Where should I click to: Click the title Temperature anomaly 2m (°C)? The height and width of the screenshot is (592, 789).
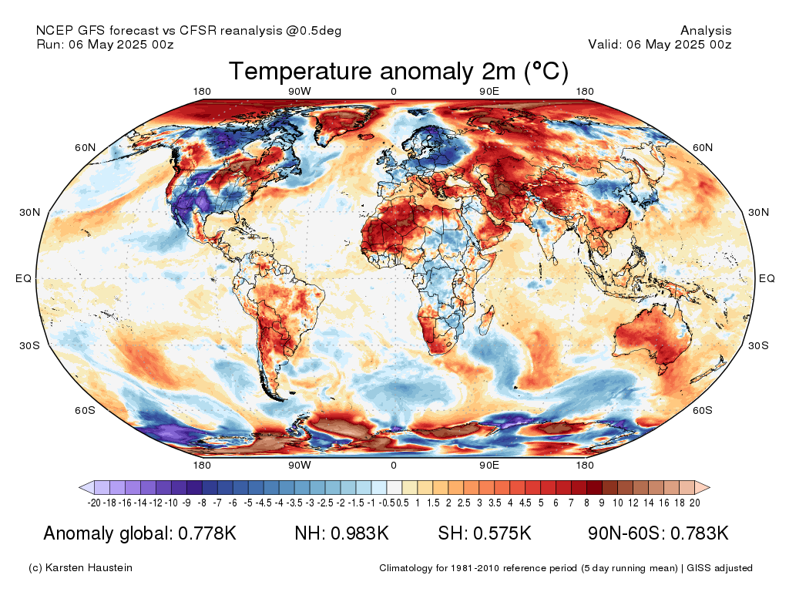398,71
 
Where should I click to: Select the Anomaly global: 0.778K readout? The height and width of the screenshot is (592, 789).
140,533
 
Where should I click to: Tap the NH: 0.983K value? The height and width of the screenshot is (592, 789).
341,533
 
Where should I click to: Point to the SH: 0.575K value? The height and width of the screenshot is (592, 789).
485,533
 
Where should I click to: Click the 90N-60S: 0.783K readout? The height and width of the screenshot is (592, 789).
658,533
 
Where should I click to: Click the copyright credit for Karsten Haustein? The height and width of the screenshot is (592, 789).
80,568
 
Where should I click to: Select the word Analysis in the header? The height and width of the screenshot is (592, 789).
706,30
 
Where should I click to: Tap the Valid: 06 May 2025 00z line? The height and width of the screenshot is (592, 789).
660,44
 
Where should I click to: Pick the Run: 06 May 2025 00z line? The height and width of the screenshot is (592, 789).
105,44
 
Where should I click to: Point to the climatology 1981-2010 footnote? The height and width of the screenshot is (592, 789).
566,568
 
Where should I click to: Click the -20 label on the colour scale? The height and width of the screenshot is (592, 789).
94,503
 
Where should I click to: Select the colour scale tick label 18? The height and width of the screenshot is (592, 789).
680,503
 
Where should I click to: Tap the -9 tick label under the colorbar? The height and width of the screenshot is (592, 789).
186,503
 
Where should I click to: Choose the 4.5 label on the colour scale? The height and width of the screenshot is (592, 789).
525,503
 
